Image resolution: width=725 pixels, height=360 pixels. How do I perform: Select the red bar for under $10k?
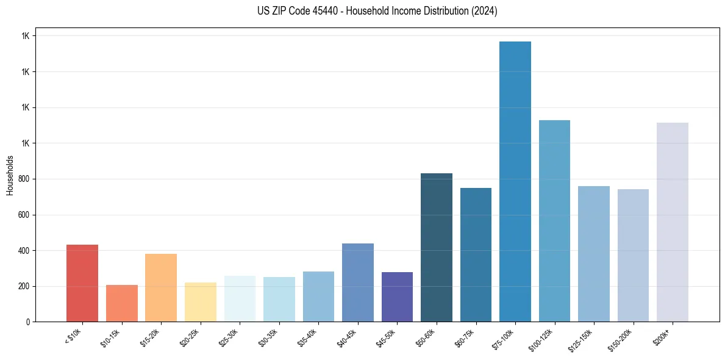pyautogui.click(x=82, y=283)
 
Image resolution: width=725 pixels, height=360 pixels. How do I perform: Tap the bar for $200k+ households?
pyautogui.click(x=673, y=222)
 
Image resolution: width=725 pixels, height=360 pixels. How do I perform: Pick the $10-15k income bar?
pyautogui.click(x=122, y=303)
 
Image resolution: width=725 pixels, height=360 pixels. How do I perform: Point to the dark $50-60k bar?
pyautogui.click(x=437, y=247)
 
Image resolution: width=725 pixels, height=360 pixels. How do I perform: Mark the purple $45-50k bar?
pyautogui.click(x=397, y=297)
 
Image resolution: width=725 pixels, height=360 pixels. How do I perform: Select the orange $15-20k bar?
pyautogui.click(x=161, y=287)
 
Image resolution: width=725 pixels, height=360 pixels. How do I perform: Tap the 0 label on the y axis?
pyautogui.click(x=28, y=322)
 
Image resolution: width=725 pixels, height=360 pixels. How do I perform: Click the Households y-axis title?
pyautogui.click(x=10, y=175)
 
